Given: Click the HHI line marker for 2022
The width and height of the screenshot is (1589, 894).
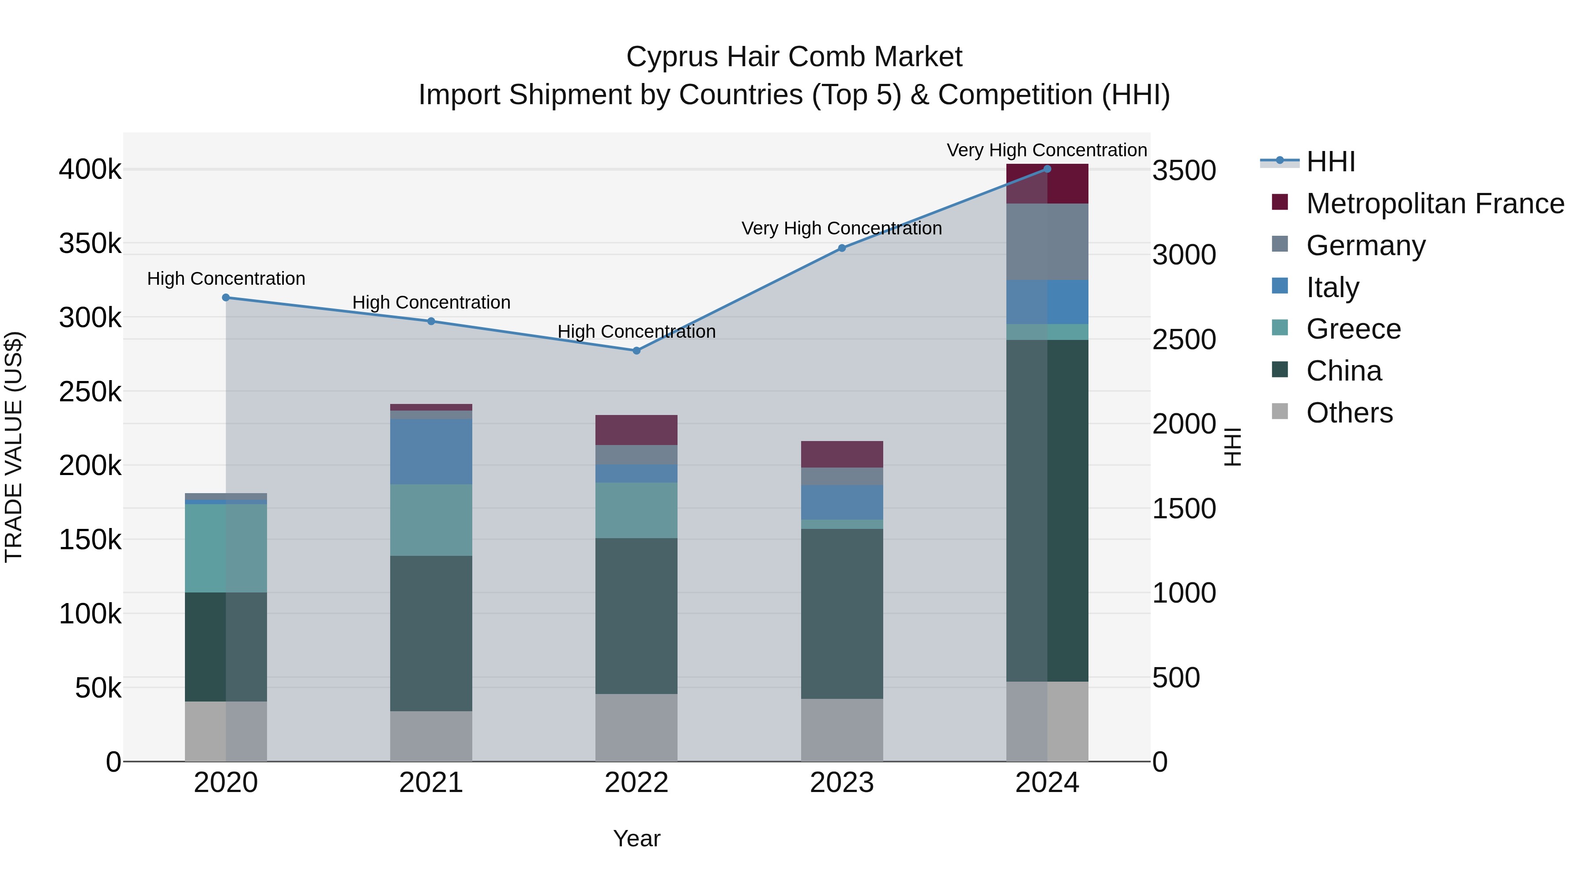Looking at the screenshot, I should pos(636,351).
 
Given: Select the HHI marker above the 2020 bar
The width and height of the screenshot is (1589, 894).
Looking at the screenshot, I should pos(226,298).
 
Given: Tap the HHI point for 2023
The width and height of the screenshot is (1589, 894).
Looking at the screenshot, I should pos(842,248).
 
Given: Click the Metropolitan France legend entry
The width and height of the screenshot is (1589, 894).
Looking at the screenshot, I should pos(1435,204).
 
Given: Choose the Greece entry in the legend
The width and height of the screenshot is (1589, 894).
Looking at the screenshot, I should pos(1353,329).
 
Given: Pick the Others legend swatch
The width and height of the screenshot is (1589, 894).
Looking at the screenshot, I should pos(1280,411).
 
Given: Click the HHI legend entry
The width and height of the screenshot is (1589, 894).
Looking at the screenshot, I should pos(1330,162).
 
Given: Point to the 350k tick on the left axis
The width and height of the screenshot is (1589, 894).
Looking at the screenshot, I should pos(90,244).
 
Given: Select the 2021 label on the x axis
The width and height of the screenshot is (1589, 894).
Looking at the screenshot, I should pos(431,783).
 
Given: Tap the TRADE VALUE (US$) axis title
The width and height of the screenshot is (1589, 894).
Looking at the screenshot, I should pos(14,447).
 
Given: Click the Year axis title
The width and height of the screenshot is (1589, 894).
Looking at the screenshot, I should pos(636,838).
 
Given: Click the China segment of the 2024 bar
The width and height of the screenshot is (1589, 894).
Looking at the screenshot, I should pos(1047,510).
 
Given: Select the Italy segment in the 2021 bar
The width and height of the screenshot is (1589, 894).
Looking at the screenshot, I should pos(431,451).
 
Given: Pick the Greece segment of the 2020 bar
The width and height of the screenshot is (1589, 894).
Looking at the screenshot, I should pos(226,548).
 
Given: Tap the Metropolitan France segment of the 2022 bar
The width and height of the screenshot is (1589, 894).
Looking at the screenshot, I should pos(636,430).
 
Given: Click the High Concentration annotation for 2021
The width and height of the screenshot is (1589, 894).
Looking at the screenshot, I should pos(431,302).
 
